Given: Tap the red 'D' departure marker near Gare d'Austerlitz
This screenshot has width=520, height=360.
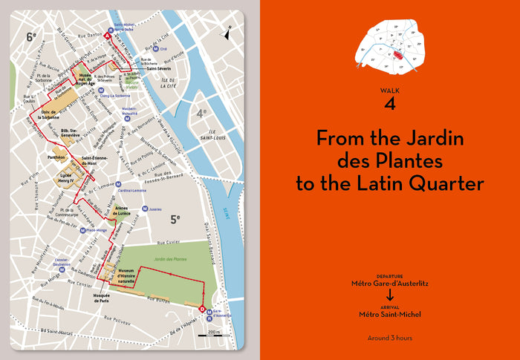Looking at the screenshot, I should pos(203,309).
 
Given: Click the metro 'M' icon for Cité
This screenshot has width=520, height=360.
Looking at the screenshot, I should pos(155,48).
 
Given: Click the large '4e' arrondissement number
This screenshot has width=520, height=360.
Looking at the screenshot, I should pos(200,114).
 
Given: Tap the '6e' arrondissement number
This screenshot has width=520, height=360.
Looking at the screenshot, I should pos(31,36).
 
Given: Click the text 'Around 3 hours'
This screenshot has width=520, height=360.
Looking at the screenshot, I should pos(389,338).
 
